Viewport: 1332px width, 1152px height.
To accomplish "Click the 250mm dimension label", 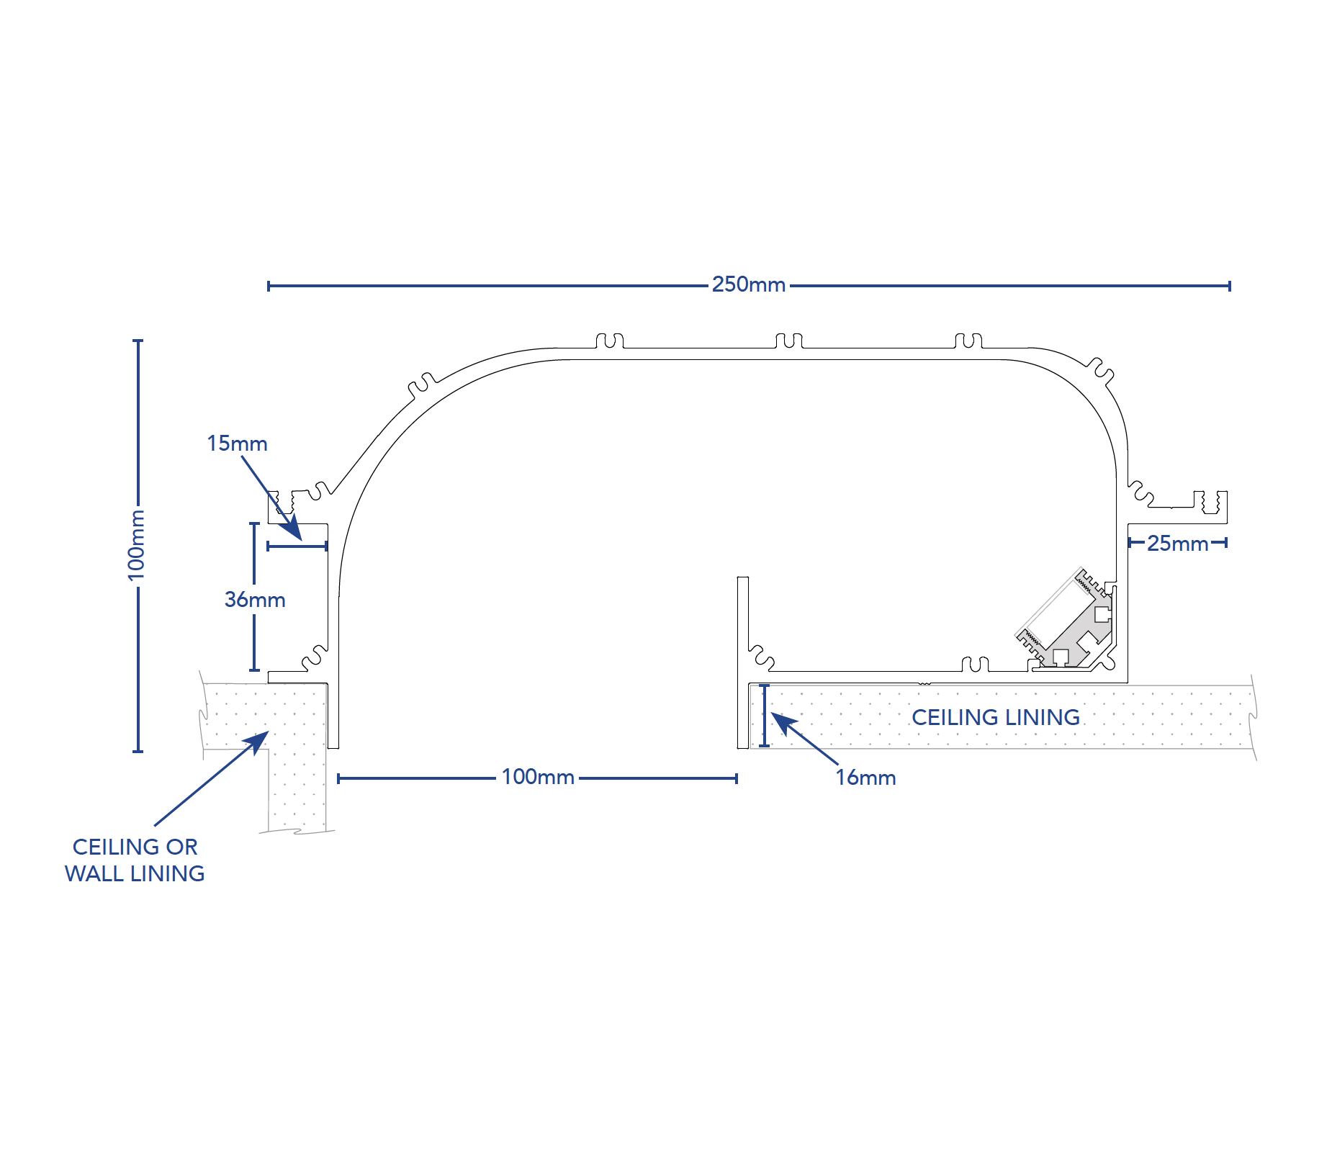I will [748, 284].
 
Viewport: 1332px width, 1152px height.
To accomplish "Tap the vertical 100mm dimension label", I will [136, 545].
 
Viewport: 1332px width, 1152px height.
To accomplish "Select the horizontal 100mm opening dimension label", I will [537, 777].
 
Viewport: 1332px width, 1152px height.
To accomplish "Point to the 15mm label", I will [237, 444].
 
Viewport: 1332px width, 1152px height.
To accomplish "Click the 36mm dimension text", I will [255, 600].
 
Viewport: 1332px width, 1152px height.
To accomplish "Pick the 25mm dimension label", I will [1177, 544].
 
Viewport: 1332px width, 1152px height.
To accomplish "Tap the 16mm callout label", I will [865, 778].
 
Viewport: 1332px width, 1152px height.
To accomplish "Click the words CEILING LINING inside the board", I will [995, 717].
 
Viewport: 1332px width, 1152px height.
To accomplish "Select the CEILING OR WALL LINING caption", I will [135, 860].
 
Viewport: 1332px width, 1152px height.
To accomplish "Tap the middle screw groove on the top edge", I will [789, 341].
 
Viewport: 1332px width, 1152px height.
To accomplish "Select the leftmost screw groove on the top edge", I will [610, 341].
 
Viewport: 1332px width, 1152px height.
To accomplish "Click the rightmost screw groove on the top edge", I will [968, 341].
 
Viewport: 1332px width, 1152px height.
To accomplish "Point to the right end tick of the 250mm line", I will [1229, 286].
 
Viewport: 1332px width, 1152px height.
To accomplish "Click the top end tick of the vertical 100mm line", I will [138, 341].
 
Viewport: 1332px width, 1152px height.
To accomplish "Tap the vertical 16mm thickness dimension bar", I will [765, 716].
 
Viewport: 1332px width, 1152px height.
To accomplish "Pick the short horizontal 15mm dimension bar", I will [297, 546].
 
